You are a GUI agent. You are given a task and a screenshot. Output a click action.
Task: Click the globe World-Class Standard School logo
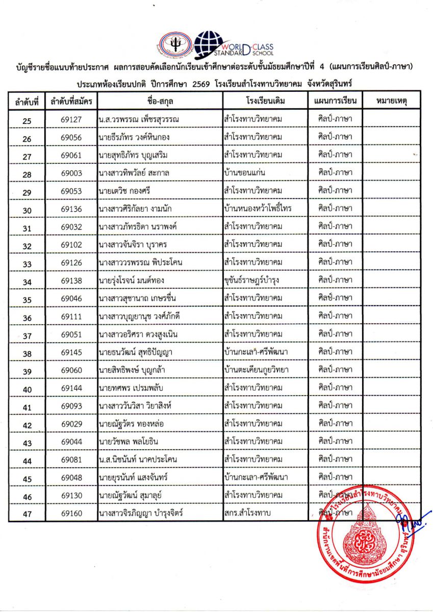click(210, 44)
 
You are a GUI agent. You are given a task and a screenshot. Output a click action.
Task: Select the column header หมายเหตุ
click(391, 100)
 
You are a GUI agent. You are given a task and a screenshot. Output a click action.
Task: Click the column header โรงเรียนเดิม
click(265, 100)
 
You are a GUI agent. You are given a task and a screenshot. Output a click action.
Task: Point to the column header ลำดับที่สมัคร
click(71, 101)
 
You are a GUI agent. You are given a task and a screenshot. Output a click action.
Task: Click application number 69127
click(71, 120)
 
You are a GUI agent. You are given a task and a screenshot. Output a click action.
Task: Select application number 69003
click(71, 173)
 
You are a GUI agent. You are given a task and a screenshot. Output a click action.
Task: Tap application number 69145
click(71, 352)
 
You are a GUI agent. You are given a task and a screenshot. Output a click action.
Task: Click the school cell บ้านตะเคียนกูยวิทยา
click(256, 370)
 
